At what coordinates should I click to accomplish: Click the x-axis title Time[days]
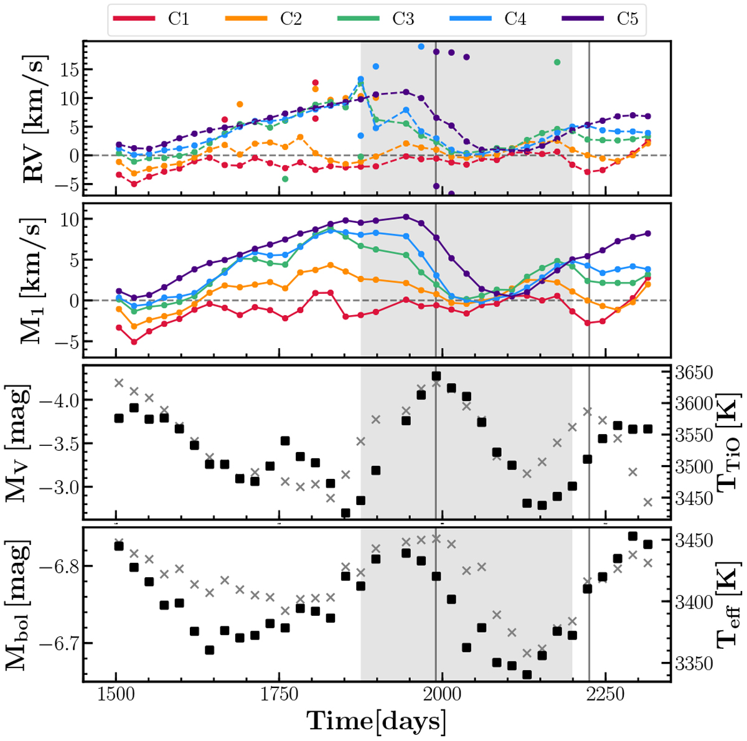coord(377,721)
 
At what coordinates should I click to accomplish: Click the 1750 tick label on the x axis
coord(279,695)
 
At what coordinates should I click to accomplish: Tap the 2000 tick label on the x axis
coord(442,695)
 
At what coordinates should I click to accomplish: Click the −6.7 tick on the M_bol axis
coord(56,643)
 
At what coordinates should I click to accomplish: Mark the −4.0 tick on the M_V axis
coord(56,399)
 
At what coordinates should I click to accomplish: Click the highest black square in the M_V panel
coord(436,376)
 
